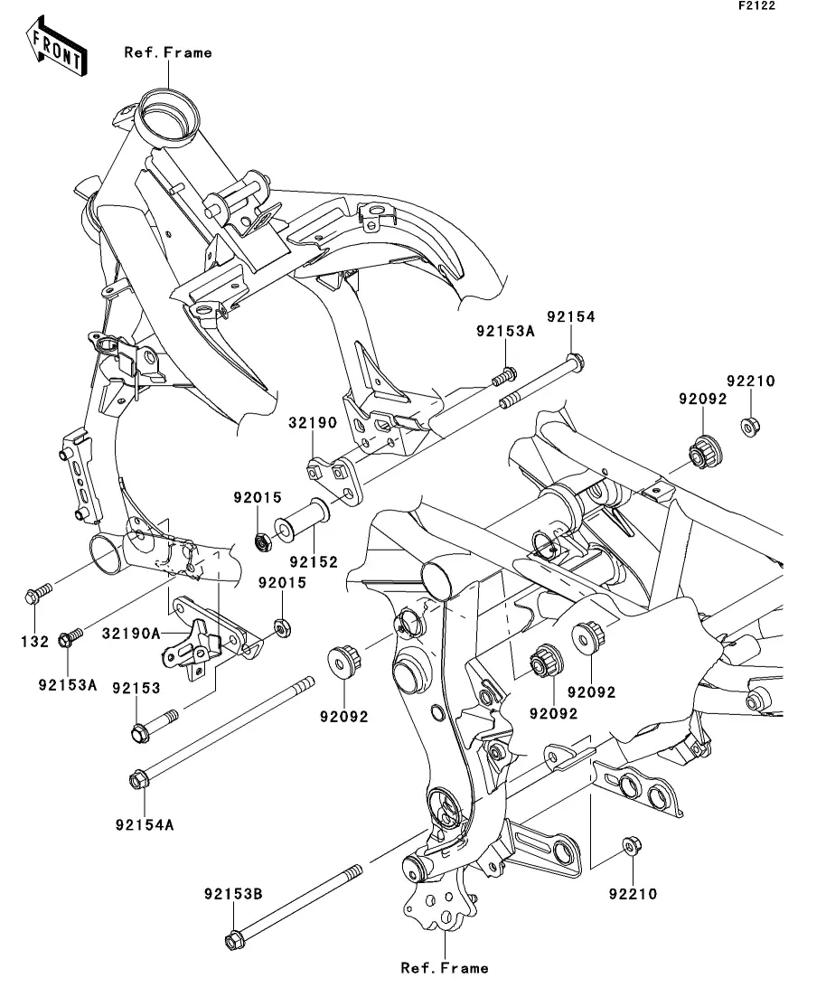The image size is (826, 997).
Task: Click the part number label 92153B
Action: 232,894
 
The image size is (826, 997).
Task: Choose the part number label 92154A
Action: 145,823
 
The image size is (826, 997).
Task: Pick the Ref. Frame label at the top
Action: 168,52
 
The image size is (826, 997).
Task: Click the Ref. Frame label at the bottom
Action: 445,968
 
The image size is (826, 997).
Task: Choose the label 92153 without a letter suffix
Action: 136,688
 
